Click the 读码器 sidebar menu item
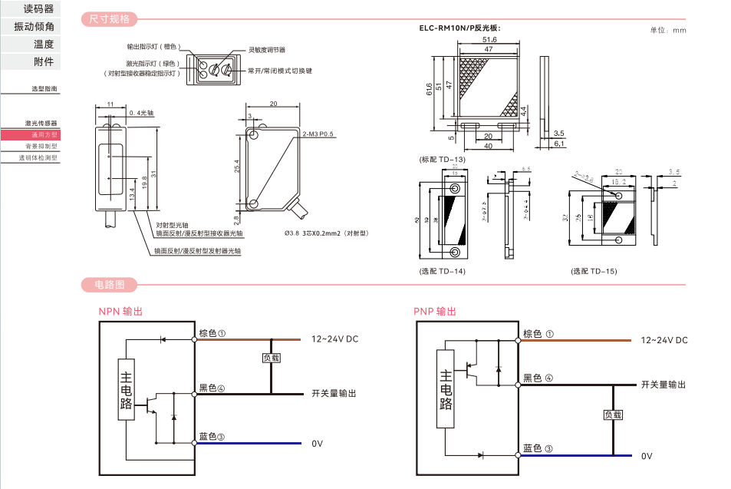coord(38,8)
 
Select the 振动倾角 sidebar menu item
coord(35,26)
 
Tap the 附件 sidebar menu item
coord(44,61)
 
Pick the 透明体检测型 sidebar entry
coord(38,157)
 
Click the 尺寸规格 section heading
coord(110,18)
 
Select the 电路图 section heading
coord(110,285)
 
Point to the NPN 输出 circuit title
coord(120,312)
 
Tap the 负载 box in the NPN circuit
coord(272,358)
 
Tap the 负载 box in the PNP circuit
coord(613,415)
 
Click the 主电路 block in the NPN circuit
coord(127,389)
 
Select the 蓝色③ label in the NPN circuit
coord(212,437)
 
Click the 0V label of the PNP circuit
coord(647,456)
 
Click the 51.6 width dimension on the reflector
coord(489,39)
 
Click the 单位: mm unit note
coord(667,30)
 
